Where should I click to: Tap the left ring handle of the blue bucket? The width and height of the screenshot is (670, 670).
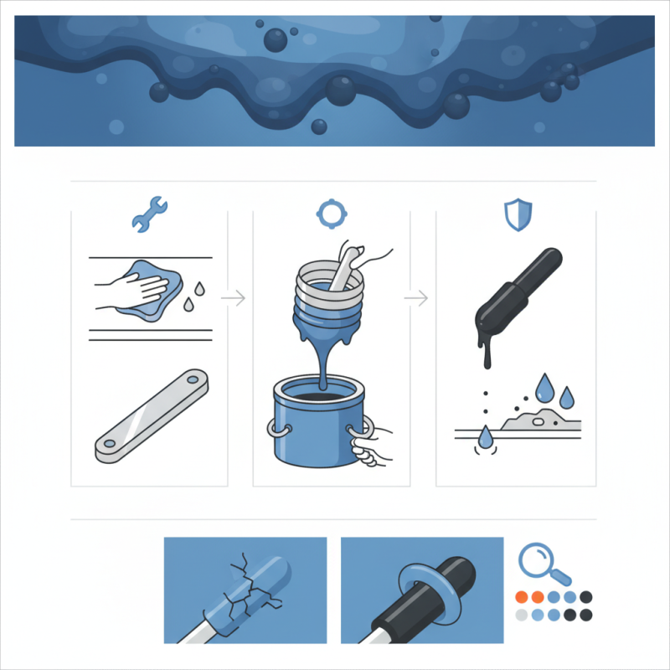pyautogui.click(x=277, y=429)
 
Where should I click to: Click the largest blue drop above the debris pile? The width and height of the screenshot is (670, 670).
pyautogui.click(x=545, y=385)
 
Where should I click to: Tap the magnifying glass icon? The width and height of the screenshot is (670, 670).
pyautogui.click(x=542, y=564)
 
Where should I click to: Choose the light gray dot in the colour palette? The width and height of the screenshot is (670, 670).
pyautogui.click(x=522, y=615)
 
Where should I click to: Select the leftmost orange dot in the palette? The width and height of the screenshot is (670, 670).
pyautogui.click(x=521, y=597)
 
